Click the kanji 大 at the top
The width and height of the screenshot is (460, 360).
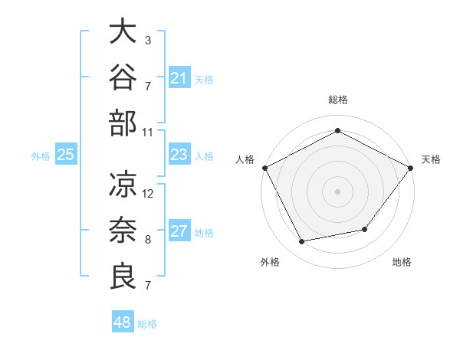(123, 31)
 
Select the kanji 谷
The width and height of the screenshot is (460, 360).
(123, 77)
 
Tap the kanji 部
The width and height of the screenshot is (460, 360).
(123, 123)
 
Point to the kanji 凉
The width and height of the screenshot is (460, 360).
(123, 184)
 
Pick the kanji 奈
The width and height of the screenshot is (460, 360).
(123, 230)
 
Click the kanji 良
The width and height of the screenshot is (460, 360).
(123, 276)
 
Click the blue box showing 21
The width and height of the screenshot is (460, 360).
(179, 77)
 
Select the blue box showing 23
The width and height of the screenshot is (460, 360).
(179, 154)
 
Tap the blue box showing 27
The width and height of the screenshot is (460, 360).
(179, 230)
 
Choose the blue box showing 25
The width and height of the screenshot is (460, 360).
(66, 154)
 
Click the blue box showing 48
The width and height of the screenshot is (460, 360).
(123, 321)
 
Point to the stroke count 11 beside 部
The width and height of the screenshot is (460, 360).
(147, 133)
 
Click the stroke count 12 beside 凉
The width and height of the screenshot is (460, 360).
(147, 194)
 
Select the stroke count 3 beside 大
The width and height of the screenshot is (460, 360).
(148, 41)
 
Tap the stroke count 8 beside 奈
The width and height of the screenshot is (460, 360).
(148, 240)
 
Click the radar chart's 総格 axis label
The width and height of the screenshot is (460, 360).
(338, 100)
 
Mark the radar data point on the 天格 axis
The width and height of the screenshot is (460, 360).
(410, 168)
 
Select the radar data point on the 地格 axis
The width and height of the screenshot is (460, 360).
(365, 229)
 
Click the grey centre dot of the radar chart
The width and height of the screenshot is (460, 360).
(337, 191)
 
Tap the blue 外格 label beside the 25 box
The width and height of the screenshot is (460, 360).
(41, 156)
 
